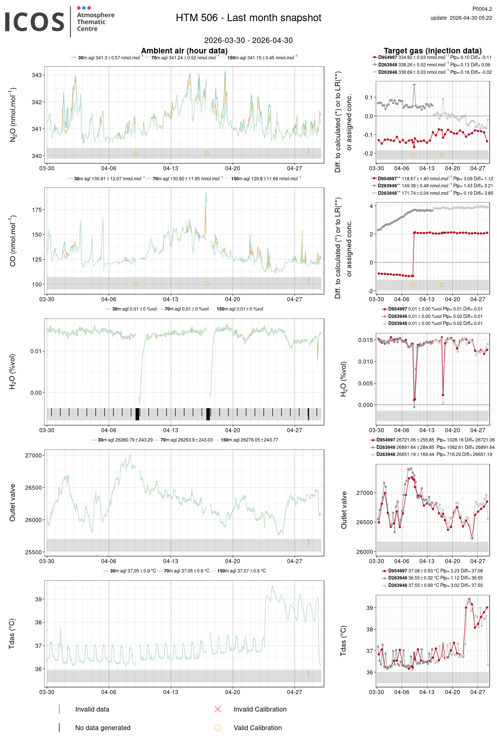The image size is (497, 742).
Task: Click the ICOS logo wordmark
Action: tap(34, 22)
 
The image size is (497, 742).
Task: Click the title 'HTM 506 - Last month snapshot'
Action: tap(248, 18)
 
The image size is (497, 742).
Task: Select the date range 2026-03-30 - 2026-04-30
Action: tap(248, 40)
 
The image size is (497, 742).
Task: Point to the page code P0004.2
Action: tap(482, 9)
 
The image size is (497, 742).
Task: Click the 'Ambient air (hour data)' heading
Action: tap(184, 51)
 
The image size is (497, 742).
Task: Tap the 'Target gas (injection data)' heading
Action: tap(432, 51)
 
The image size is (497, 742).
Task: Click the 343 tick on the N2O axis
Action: tap(37, 75)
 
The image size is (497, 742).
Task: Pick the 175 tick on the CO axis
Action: tap(37, 210)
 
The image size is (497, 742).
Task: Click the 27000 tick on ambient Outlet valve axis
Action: tap(34, 456)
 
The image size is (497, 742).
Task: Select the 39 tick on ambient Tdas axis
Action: tap(38, 599)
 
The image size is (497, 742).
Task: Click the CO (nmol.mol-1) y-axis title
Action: tap(13, 240)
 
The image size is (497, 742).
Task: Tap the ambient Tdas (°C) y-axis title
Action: tap(12, 634)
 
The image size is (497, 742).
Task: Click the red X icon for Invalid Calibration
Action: tap(218, 709)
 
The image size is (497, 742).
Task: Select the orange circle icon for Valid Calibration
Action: tap(218, 728)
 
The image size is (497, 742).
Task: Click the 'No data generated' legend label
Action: tap(103, 728)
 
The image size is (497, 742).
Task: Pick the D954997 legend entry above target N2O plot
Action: tap(387, 58)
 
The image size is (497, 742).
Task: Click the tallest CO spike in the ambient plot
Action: tap(206, 193)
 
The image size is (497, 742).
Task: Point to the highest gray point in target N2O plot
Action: tap(414, 85)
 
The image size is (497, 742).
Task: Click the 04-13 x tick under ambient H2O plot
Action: tap(171, 430)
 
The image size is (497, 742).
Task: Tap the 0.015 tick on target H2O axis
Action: tap(365, 340)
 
